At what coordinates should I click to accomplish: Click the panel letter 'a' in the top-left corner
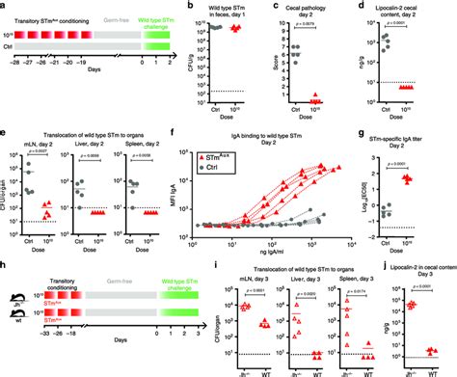pos(4,6)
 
